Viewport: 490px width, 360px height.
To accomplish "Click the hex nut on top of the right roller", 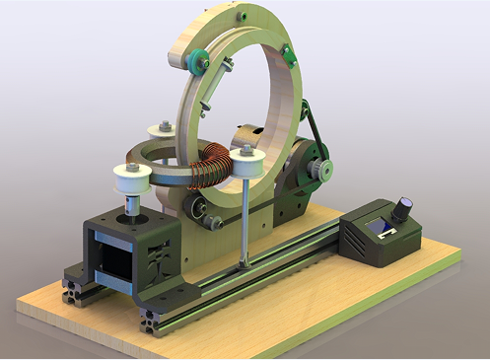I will tap(243, 151).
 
